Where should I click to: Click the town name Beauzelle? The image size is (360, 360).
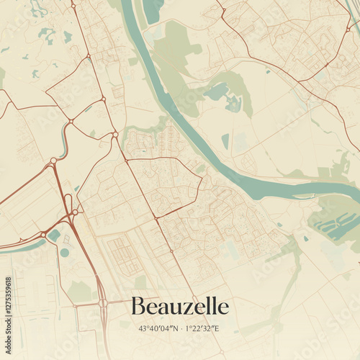pyautogui.click(x=179, y=307)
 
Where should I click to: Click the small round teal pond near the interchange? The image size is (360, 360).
pyautogui.click(x=65, y=253)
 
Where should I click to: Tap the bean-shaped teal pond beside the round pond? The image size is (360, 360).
pyautogui.click(x=55, y=235)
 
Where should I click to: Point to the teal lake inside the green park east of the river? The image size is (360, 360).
pyautogui.click(x=216, y=91)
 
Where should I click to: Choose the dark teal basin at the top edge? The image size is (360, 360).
pyautogui.click(x=153, y=9)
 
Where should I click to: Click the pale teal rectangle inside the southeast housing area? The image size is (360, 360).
pyautogui.click(x=230, y=251)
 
